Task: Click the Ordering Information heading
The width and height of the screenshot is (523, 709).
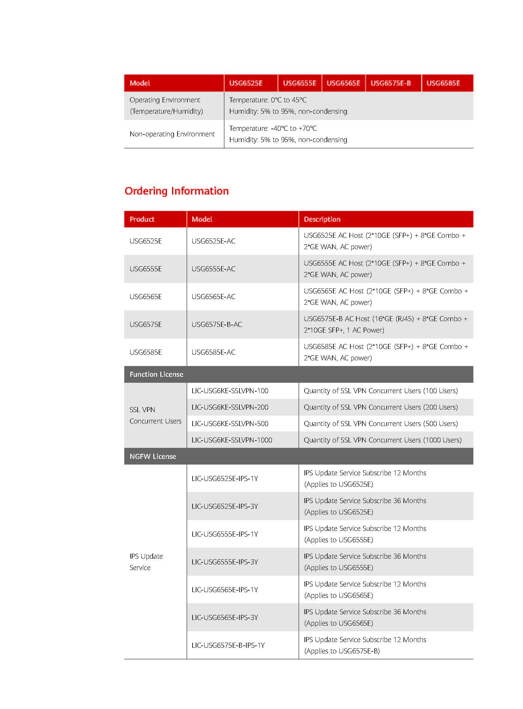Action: [x=176, y=191]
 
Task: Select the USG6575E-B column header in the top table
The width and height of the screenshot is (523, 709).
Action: [x=390, y=83]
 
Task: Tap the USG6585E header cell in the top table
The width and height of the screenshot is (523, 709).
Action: [x=443, y=83]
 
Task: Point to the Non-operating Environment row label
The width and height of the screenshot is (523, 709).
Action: [x=172, y=134]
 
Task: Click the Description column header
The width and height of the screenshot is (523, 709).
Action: [x=322, y=219]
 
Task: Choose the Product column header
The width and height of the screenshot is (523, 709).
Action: [x=142, y=219]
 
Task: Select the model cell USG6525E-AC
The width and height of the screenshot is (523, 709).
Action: [x=213, y=241]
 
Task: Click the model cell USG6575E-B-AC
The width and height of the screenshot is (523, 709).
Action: [x=217, y=324]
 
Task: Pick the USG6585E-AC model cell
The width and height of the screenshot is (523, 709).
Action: [x=213, y=352]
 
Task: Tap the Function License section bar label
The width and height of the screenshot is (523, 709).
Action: [x=157, y=375]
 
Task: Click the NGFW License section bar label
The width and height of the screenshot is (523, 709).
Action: [x=153, y=456]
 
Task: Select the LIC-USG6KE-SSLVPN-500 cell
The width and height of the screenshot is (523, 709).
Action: [x=230, y=424]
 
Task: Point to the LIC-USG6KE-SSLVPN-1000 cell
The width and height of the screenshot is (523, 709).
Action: [x=232, y=440]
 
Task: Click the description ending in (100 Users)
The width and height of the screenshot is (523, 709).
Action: [x=380, y=391]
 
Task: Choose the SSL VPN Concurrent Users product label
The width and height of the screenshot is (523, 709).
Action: [x=155, y=415]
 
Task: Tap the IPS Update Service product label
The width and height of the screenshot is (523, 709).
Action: [x=146, y=562]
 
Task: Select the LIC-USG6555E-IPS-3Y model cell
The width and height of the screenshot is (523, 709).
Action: [x=225, y=562]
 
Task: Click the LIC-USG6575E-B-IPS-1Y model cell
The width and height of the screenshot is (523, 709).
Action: [x=228, y=645]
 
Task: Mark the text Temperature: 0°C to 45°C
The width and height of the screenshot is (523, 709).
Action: [x=268, y=100]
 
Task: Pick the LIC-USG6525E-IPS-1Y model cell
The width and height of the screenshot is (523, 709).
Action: [x=225, y=478]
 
